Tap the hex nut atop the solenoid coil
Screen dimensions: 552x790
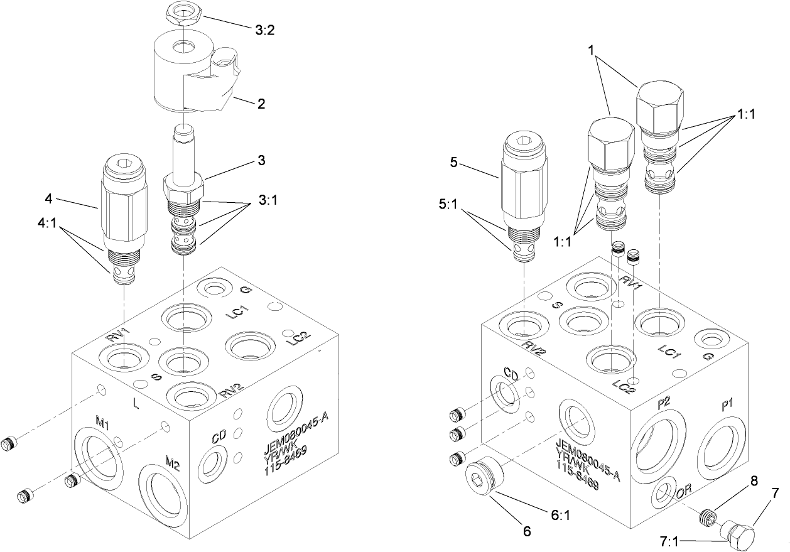[x=182, y=11]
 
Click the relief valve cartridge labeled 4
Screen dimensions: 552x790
[x=124, y=220]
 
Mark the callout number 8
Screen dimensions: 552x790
[x=754, y=482]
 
